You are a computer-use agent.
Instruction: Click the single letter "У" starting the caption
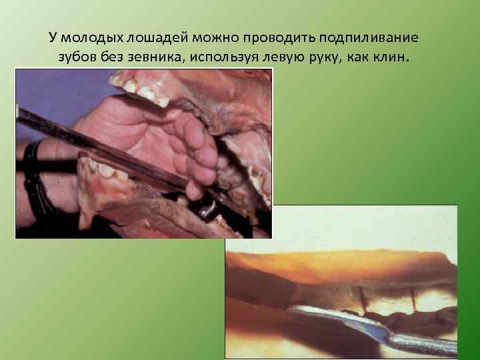coord(53,38)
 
